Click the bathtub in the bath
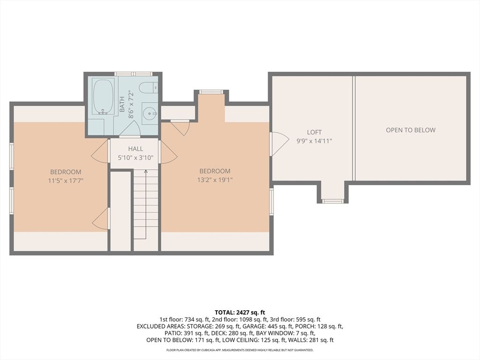coord(103,96)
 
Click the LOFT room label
coord(314,133)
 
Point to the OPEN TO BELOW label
coord(411,130)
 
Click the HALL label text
coord(135,149)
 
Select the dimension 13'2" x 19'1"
coord(215,180)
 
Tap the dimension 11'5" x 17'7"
coord(66,180)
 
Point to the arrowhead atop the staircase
coord(146,172)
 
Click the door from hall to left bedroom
coord(101,152)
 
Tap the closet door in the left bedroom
coord(101,219)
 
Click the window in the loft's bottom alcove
coord(333,201)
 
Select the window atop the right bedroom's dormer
coord(211,92)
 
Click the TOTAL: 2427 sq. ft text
coord(240,312)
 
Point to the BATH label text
coord(122,104)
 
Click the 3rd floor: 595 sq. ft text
coord(298,319)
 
